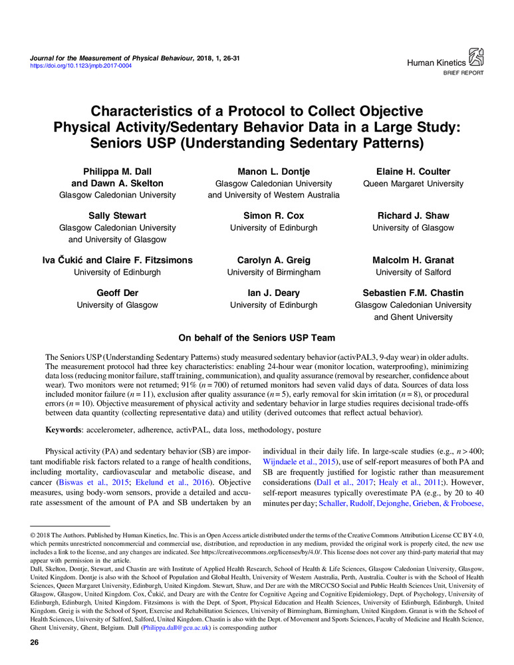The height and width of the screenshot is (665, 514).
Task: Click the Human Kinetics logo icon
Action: pyautogui.click(x=477, y=55)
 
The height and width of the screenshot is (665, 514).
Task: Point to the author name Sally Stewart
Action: pyautogui.click(x=118, y=216)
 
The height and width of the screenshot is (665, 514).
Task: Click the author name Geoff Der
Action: pyautogui.click(x=118, y=293)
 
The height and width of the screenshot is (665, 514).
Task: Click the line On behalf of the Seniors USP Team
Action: pyautogui.click(x=257, y=338)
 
